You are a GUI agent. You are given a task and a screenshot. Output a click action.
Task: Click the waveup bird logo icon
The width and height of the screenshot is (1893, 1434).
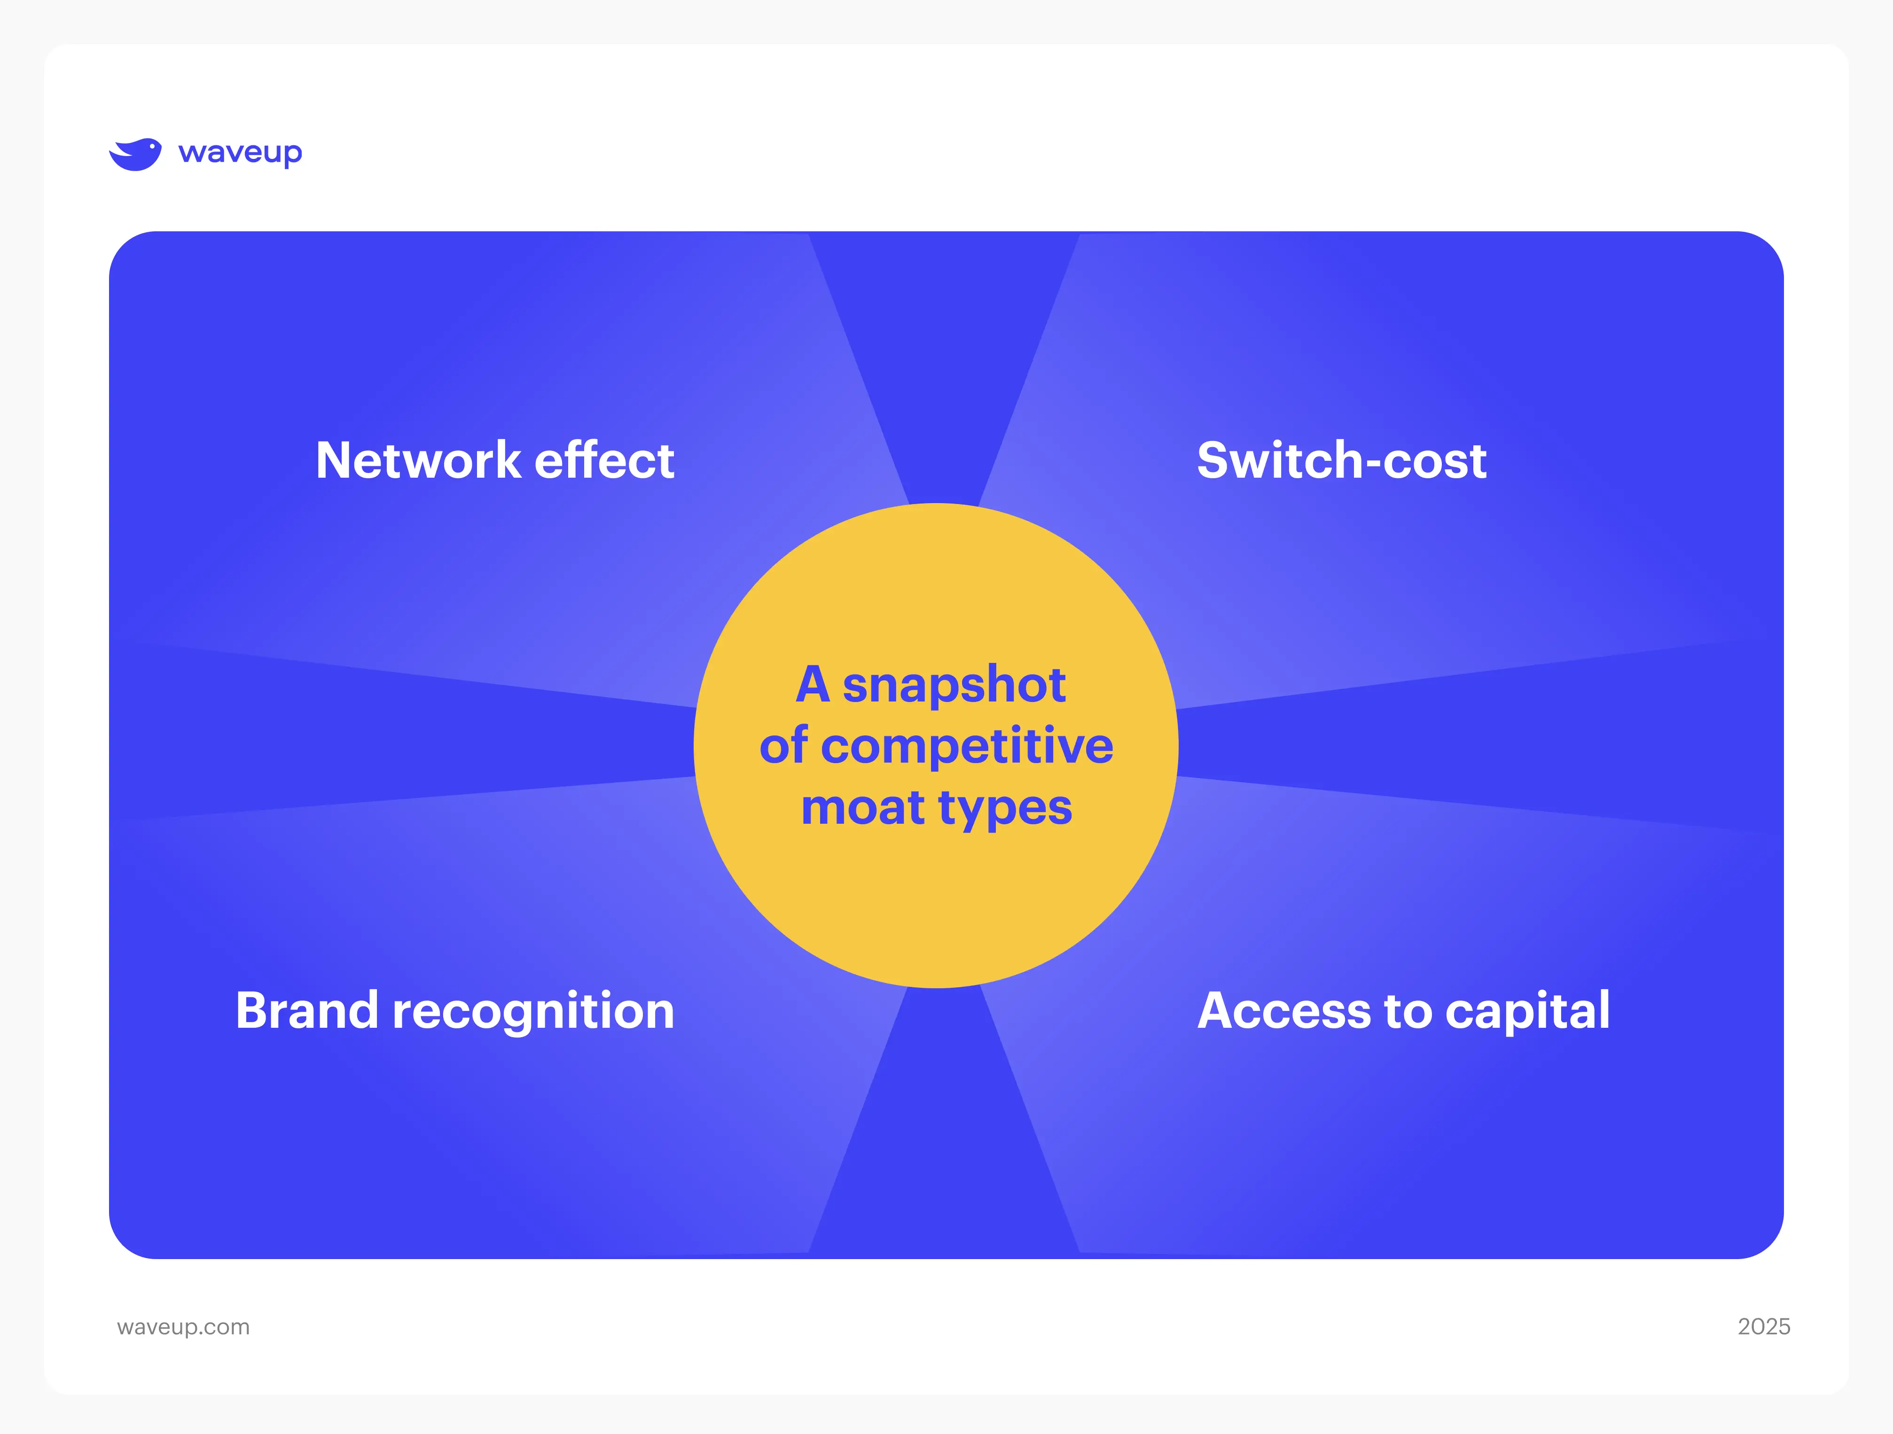(135, 154)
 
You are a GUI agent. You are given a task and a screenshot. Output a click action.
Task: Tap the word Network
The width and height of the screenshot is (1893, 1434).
(418, 461)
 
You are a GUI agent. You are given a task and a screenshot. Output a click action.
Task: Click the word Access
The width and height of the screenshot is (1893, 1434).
(1283, 1011)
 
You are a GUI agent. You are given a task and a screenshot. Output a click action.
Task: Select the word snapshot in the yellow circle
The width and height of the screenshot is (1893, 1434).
(954, 685)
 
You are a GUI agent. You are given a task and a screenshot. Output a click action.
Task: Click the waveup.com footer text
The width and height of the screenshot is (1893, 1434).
(183, 1327)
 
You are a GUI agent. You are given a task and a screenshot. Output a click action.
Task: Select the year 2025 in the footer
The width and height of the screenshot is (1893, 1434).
(1764, 1326)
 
